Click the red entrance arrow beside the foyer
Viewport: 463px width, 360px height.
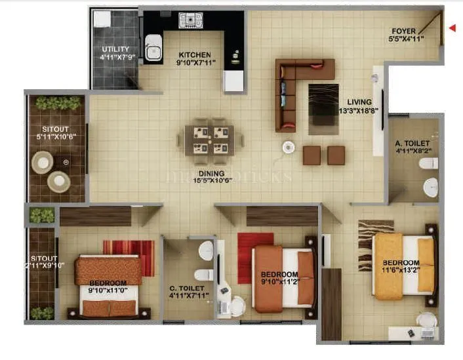tap(452, 28)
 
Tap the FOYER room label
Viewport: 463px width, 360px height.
tap(407, 35)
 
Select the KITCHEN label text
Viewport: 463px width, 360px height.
tap(195, 60)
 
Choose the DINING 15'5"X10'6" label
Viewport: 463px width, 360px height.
tap(209, 178)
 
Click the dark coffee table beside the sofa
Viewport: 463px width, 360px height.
tap(323, 104)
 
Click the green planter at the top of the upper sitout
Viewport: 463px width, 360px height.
tap(59, 103)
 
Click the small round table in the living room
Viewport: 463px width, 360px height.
tap(289, 148)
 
